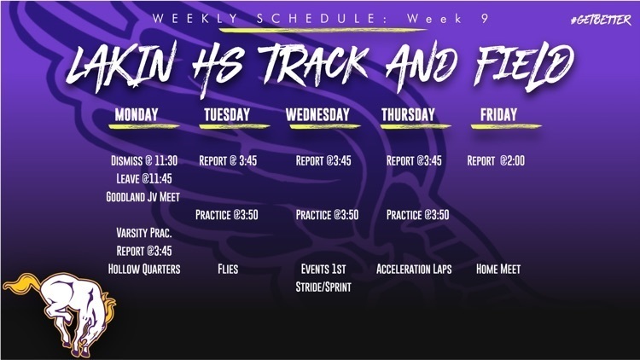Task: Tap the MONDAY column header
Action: [x=141, y=114]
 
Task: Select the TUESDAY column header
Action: [x=226, y=114]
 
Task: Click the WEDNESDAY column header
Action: [x=317, y=114]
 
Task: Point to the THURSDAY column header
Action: [x=407, y=114]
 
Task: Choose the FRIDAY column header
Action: [x=499, y=114]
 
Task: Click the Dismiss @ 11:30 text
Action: [x=143, y=160]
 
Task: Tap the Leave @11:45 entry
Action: [x=143, y=178]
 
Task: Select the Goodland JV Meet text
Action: [x=143, y=196]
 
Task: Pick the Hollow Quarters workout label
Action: [x=143, y=269]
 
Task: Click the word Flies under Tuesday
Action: [x=227, y=269]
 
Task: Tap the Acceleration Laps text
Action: [x=414, y=269]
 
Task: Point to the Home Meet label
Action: [x=498, y=269]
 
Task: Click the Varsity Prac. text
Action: [x=143, y=232]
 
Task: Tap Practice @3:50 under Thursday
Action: [x=417, y=214]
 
